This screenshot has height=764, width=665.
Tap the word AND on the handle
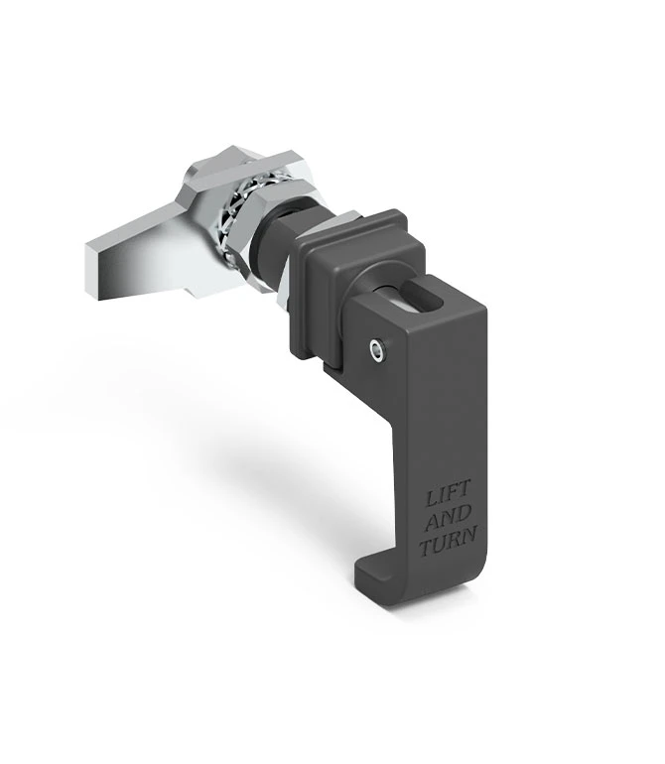(x=449, y=518)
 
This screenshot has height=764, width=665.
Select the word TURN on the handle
(x=448, y=542)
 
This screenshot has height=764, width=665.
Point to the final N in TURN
(x=468, y=535)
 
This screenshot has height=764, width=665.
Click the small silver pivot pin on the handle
(x=376, y=349)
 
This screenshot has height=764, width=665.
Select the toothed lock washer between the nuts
(x=230, y=220)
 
